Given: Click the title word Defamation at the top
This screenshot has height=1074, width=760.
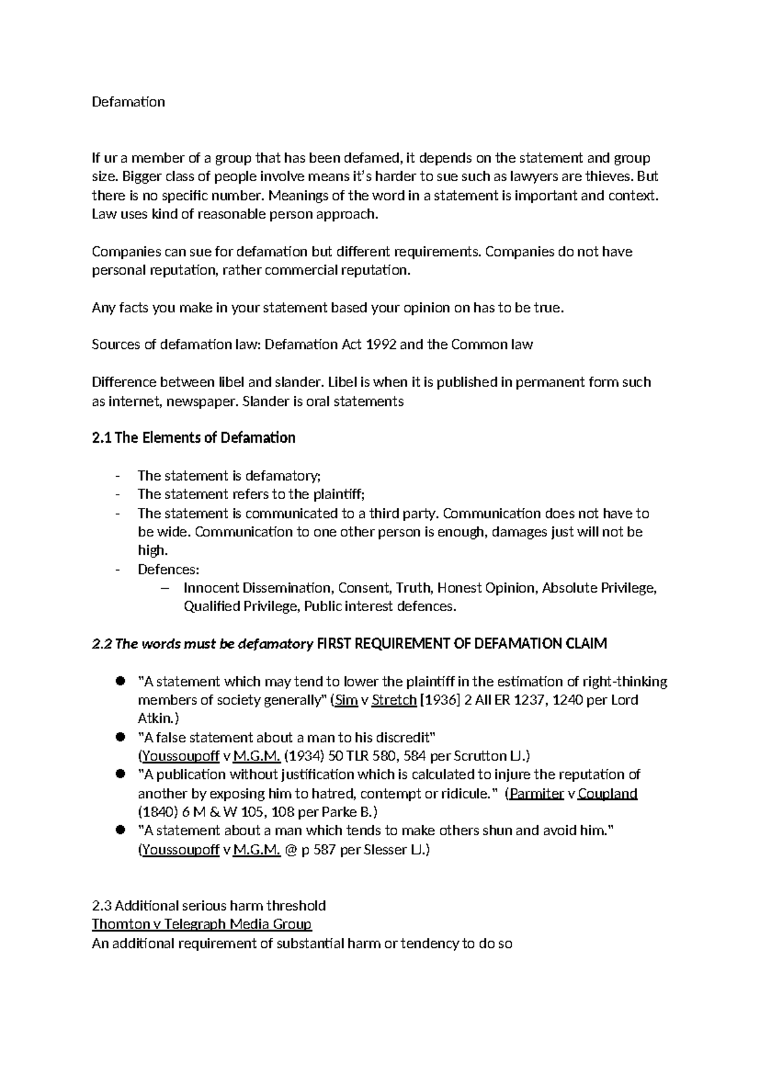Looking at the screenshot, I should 128,102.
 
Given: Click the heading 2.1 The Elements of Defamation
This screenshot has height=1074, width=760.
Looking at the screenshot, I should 193,438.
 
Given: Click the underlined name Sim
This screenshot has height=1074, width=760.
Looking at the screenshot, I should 346,700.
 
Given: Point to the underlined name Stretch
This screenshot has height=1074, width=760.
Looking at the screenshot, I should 394,700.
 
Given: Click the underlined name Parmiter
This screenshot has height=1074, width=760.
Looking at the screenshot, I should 536,793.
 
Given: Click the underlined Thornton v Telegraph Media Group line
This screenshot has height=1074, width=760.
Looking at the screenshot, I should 201,924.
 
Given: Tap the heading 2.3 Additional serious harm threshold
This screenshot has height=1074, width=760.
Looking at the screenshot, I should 208,905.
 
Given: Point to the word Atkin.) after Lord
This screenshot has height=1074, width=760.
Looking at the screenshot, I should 158,719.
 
